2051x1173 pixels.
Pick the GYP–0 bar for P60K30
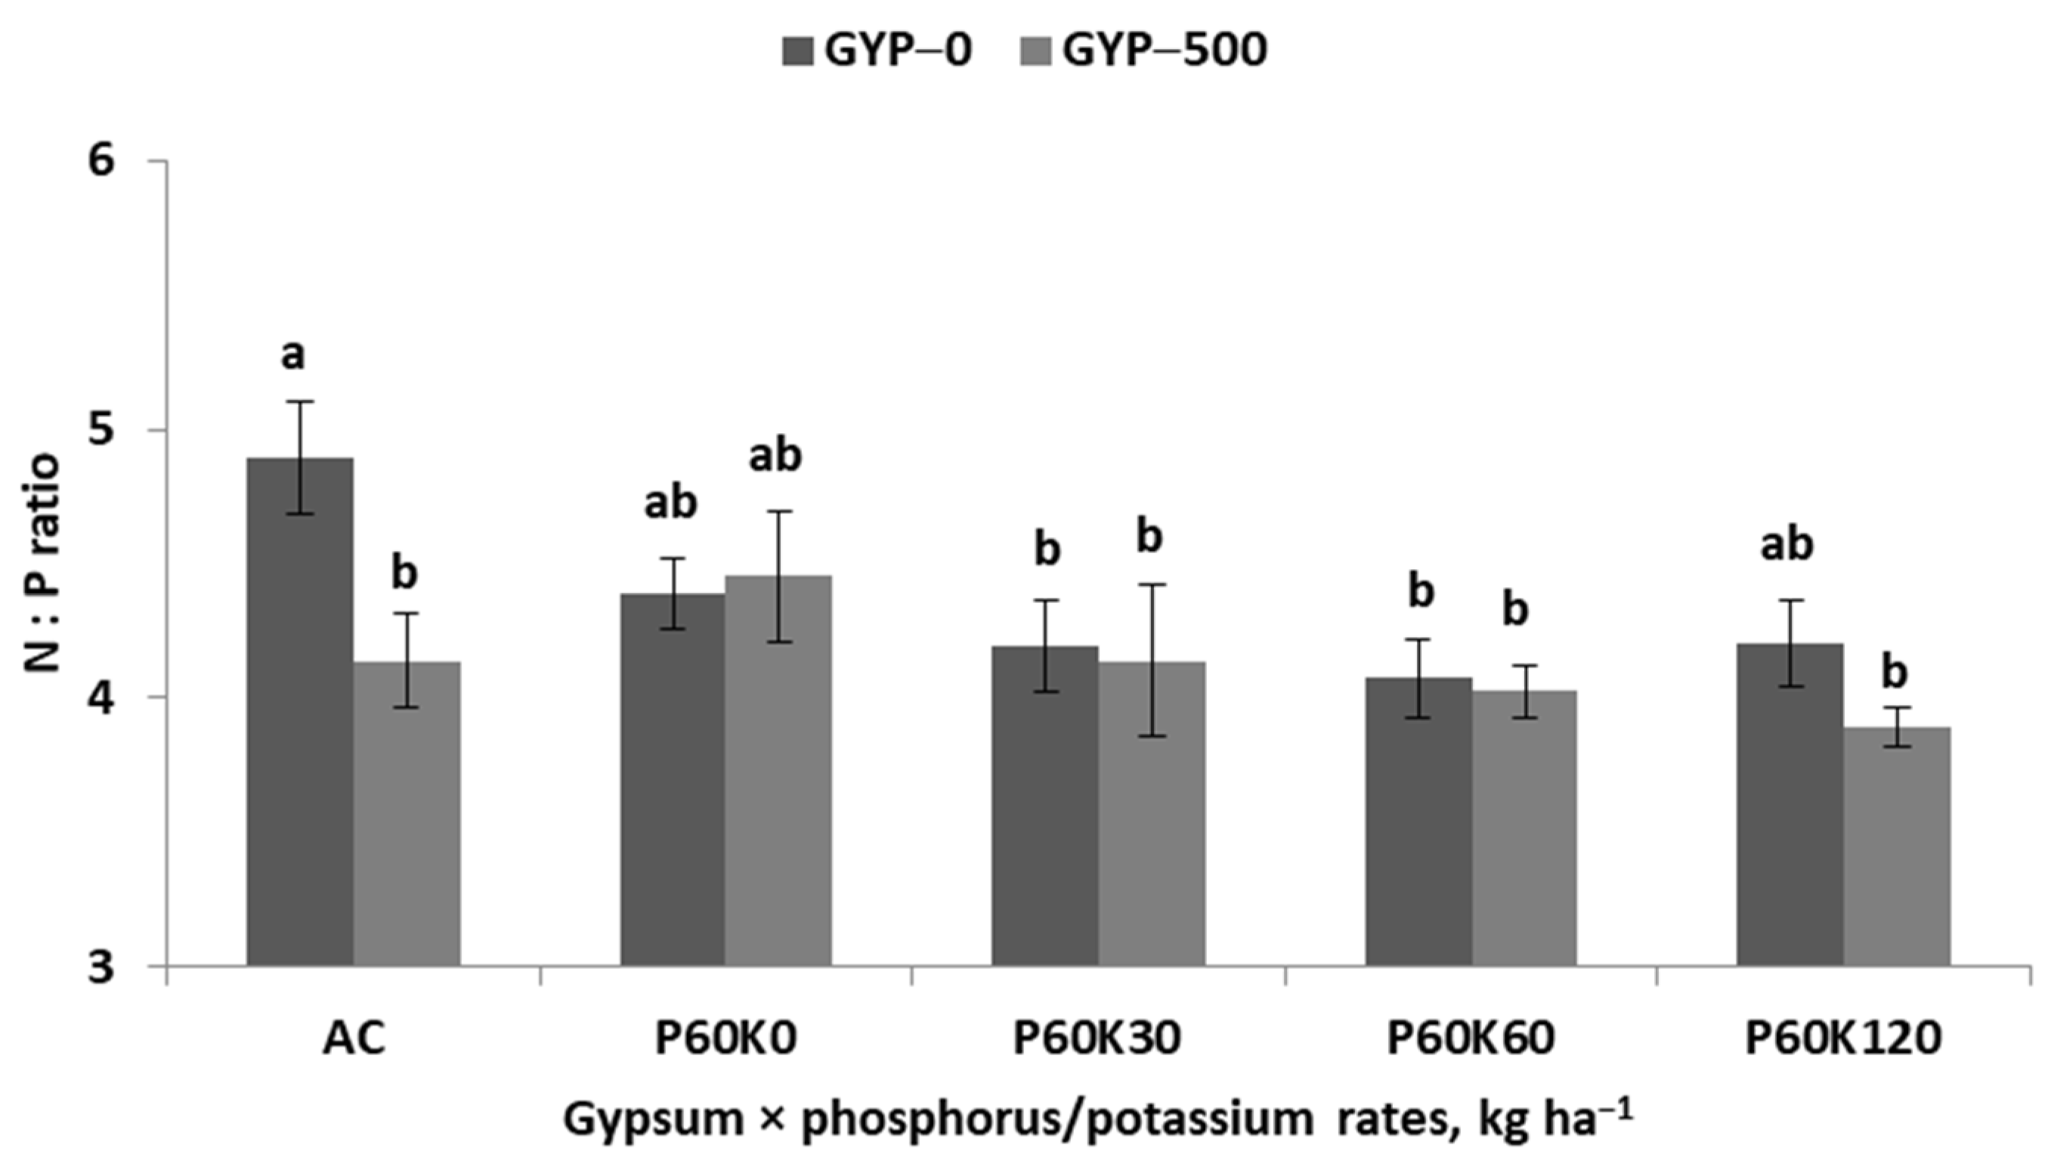coord(1045,806)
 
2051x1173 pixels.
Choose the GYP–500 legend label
coord(1165,51)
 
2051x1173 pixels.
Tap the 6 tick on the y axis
coord(102,161)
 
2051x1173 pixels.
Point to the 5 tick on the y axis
coord(102,430)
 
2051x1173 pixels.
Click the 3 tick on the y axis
coord(102,966)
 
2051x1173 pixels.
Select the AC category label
coord(354,1040)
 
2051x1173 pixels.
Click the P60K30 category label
coord(1097,1040)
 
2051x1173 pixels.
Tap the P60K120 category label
coord(1843,1040)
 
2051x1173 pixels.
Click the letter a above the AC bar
coord(293,355)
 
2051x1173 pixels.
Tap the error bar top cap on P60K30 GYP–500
coord(1151,585)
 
